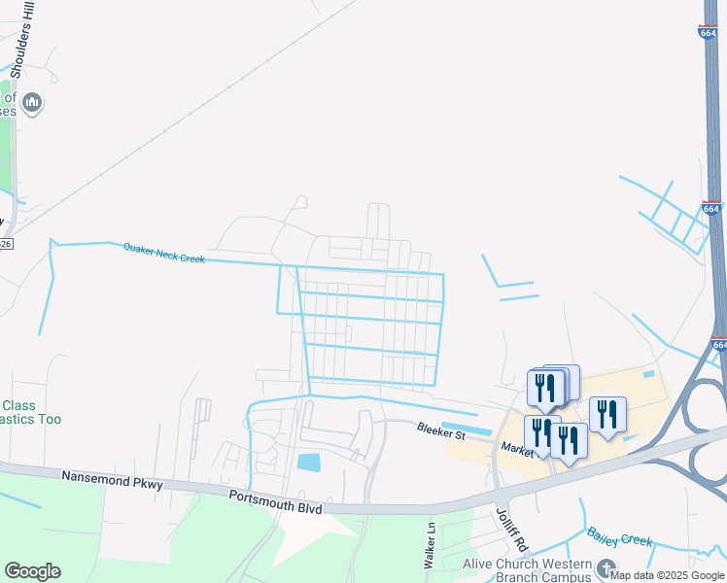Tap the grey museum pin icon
click(32, 102)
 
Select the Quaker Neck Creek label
click(163, 253)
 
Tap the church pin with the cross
click(606, 569)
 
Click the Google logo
click(32, 571)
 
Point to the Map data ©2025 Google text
click(668, 575)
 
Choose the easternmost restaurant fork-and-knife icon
click(607, 414)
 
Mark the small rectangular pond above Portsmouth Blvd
click(309, 463)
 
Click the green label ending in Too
click(31, 412)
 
